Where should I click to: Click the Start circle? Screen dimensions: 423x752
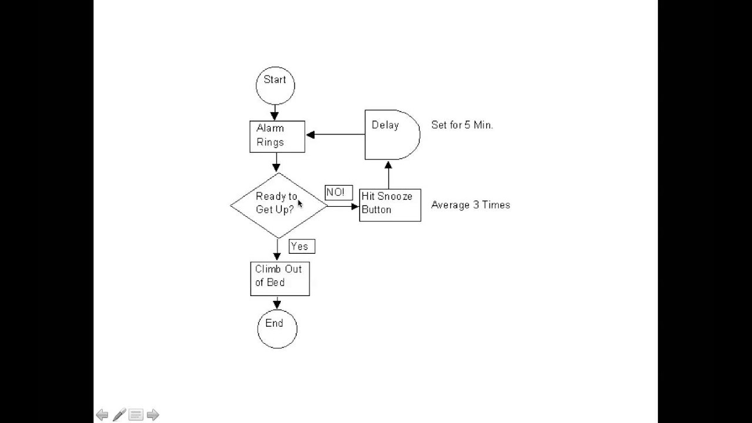(275, 86)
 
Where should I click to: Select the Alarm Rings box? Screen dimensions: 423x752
(277, 136)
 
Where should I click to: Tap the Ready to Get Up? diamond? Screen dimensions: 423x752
(278, 205)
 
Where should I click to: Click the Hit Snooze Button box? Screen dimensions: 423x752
(390, 204)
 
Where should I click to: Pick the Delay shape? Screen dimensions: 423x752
(391, 135)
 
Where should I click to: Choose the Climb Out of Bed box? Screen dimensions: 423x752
(280, 278)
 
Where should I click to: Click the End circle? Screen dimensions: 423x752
(277, 329)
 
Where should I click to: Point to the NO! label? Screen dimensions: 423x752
(338, 193)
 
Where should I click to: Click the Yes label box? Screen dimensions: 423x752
(301, 246)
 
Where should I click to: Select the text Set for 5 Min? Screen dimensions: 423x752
(462, 125)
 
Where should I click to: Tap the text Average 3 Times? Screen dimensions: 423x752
(471, 205)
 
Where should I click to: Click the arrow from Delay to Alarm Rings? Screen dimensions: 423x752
(335, 135)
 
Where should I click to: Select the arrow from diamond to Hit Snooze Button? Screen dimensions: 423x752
(343, 206)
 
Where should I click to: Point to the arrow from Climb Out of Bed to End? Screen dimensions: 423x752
(277, 303)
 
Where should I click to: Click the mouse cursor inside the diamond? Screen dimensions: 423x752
(300, 203)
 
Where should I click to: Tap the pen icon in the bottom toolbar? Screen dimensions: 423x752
(119, 415)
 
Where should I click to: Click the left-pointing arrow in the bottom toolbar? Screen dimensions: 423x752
(102, 415)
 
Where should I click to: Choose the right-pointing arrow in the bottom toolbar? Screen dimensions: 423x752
(153, 415)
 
